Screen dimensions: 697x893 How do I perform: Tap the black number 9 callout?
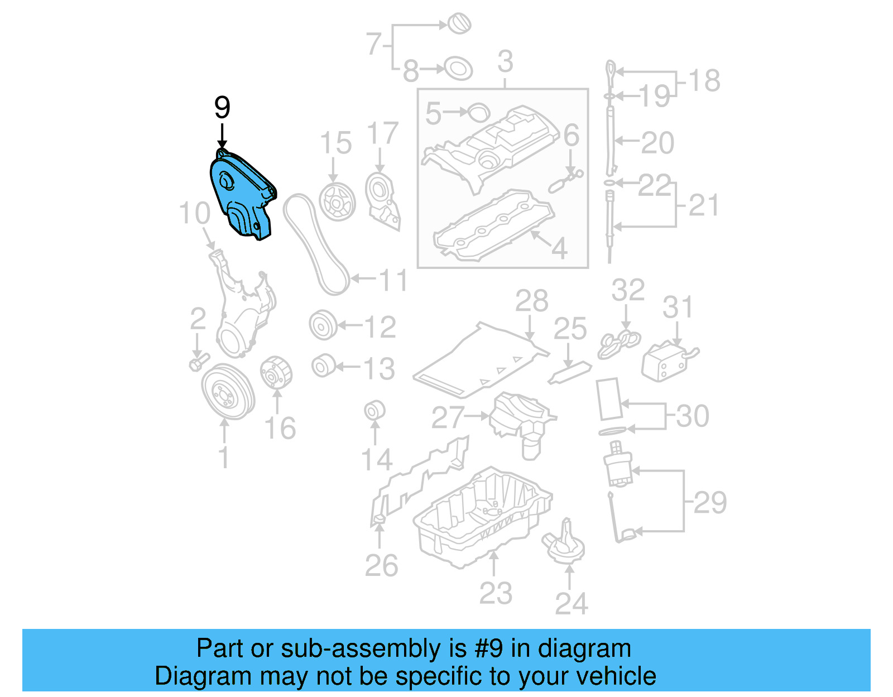point(222,108)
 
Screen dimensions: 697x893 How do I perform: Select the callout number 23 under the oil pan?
point(495,593)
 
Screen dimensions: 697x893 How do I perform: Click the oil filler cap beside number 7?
point(459,24)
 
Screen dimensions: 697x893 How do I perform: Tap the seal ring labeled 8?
point(458,69)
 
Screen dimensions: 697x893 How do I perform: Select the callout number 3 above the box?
point(505,61)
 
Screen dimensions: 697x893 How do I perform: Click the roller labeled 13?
point(323,366)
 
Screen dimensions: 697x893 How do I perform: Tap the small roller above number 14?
point(375,410)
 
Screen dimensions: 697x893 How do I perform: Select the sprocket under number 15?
point(337,201)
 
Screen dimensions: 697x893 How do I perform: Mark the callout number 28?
point(531,302)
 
